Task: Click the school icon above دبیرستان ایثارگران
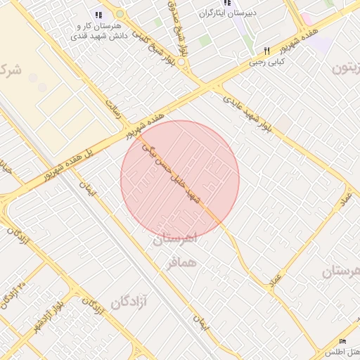[226, 3]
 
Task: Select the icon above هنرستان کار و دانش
[98, 14]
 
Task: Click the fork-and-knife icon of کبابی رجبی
[266, 51]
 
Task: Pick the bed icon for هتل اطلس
[342, 341]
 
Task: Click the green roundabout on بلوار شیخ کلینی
[120, 13]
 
